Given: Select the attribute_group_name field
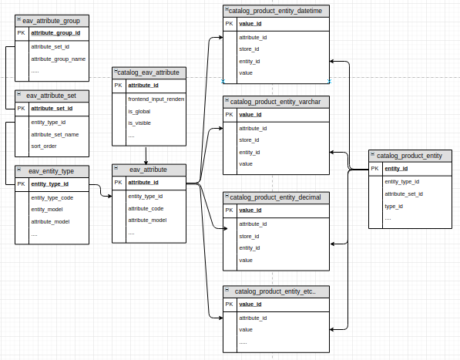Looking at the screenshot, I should (58, 59).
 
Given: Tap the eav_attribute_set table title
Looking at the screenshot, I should (55, 96).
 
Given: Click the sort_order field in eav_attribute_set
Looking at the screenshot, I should (44, 146).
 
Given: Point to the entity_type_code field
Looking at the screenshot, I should (52, 198).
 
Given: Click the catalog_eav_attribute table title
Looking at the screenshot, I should (148, 72).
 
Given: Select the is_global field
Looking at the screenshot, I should (139, 111).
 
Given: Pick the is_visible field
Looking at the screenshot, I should (139, 123).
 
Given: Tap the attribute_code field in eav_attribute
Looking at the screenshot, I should (146, 208).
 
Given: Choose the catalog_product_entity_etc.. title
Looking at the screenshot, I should (275, 292).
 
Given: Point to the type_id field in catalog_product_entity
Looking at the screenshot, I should (394, 206).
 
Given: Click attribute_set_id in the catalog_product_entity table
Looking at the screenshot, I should (404, 193).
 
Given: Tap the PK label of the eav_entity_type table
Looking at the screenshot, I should (22, 184).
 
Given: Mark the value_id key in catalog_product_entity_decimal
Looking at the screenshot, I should (250, 210).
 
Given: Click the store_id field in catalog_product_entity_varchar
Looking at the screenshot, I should (249, 140).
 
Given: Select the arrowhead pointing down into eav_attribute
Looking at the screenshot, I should (146, 160).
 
